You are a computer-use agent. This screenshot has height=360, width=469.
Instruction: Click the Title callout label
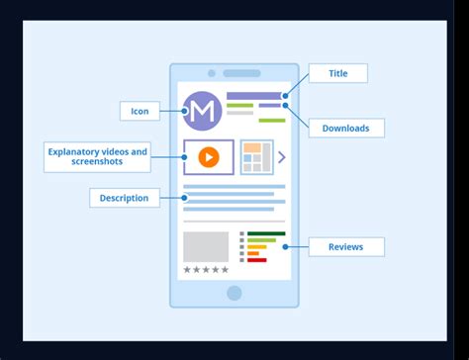pyautogui.click(x=338, y=73)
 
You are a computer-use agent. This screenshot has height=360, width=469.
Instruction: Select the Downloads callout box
pyautogui.click(x=345, y=128)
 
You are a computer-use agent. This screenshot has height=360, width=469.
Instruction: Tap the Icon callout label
pyautogui.click(x=140, y=111)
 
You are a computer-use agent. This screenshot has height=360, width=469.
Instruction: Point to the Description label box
pyautogui.click(x=125, y=198)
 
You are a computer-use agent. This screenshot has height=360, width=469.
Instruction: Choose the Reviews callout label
pyautogui.click(x=345, y=246)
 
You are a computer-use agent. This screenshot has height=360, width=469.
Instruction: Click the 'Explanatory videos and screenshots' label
pyautogui.click(x=97, y=156)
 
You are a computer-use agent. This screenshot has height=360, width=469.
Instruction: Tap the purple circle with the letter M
pyautogui.click(x=203, y=112)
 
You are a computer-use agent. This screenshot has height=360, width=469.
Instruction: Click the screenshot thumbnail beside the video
pyautogui.click(x=257, y=156)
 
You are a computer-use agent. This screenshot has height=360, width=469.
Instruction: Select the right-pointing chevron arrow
pyautogui.click(x=282, y=156)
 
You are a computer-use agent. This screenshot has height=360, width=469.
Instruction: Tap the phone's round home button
pyautogui.click(x=234, y=293)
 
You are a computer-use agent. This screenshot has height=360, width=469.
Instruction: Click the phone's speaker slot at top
pyautogui.click(x=241, y=73)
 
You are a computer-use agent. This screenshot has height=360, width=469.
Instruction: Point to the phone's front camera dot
pyautogui.click(x=212, y=73)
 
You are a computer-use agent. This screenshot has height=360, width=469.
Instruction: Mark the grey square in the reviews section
pyautogui.click(x=206, y=246)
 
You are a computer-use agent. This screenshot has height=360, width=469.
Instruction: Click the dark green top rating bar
pyautogui.click(x=266, y=233)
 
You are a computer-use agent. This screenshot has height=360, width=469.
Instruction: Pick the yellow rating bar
pyautogui.click(x=256, y=247)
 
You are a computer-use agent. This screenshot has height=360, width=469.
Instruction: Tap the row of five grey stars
pyautogui.click(x=206, y=269)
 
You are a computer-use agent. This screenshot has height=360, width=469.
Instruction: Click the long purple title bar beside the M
pyautogui.click(x=253, y=96)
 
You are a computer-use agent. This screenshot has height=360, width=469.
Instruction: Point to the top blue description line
pyautogui.click(x=234, y=186)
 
